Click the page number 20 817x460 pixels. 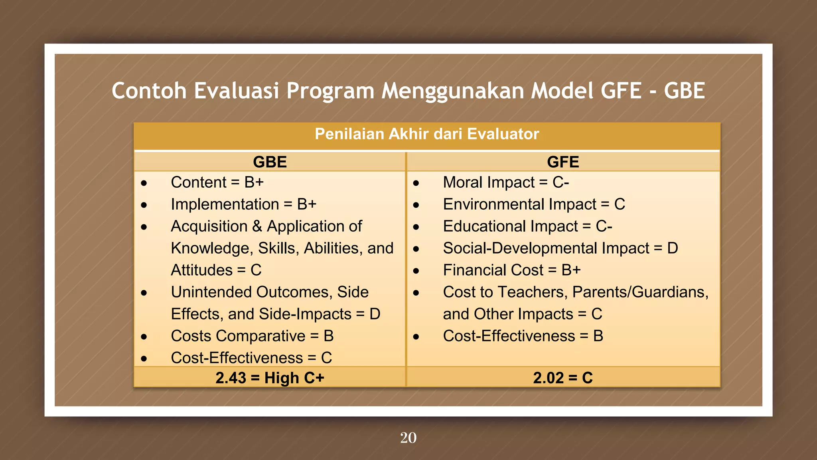click(408, 438)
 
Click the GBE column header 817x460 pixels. click(270, 162)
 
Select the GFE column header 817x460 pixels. click(562, 162)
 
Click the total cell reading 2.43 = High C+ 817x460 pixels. click(270, 378)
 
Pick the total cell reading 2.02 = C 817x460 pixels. click(562, 378)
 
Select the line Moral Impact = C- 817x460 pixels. click(505, 182)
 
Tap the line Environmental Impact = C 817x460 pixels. click(533, 204)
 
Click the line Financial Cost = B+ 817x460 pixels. click(511, 270)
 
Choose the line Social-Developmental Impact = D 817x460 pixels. click(560, 248)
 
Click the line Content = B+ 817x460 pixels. click(217, 182)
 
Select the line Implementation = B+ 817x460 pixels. click(243, 204)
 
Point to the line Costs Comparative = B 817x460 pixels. click(252, 336)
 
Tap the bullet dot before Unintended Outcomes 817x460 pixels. click(144, 293)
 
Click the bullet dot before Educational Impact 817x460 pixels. click(416, 227)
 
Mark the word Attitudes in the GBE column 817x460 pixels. click(201, 270)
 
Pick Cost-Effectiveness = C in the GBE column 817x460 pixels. click(251, 358)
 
